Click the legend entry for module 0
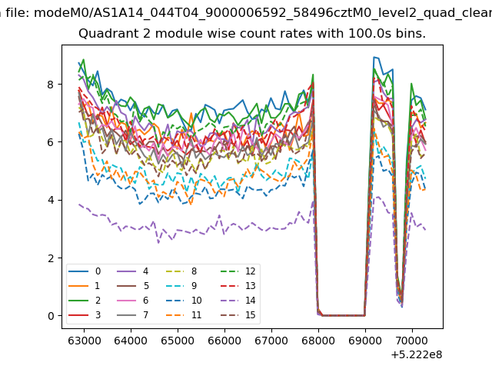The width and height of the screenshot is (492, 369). (x=85, y=271)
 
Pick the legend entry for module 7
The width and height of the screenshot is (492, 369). (x=133, y=314)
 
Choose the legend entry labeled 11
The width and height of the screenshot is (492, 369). (x=184, y=314)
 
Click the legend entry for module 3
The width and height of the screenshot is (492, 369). (x=85, y=314)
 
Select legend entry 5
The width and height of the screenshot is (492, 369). (x=133, y=285)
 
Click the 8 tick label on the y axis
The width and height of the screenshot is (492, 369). (x=51, y=85)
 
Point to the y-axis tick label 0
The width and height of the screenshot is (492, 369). (x=51, y=316)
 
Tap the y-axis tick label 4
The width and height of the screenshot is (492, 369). (x=51, y=200)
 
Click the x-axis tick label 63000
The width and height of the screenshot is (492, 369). (x=85, y=341)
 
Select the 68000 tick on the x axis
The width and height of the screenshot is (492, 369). (x=318, y=341)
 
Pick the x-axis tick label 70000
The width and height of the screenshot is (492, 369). (x=412, y=341)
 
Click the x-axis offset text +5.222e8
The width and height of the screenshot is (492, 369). (x=417, y=355)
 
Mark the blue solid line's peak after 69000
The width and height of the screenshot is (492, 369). (x=374, y=57)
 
